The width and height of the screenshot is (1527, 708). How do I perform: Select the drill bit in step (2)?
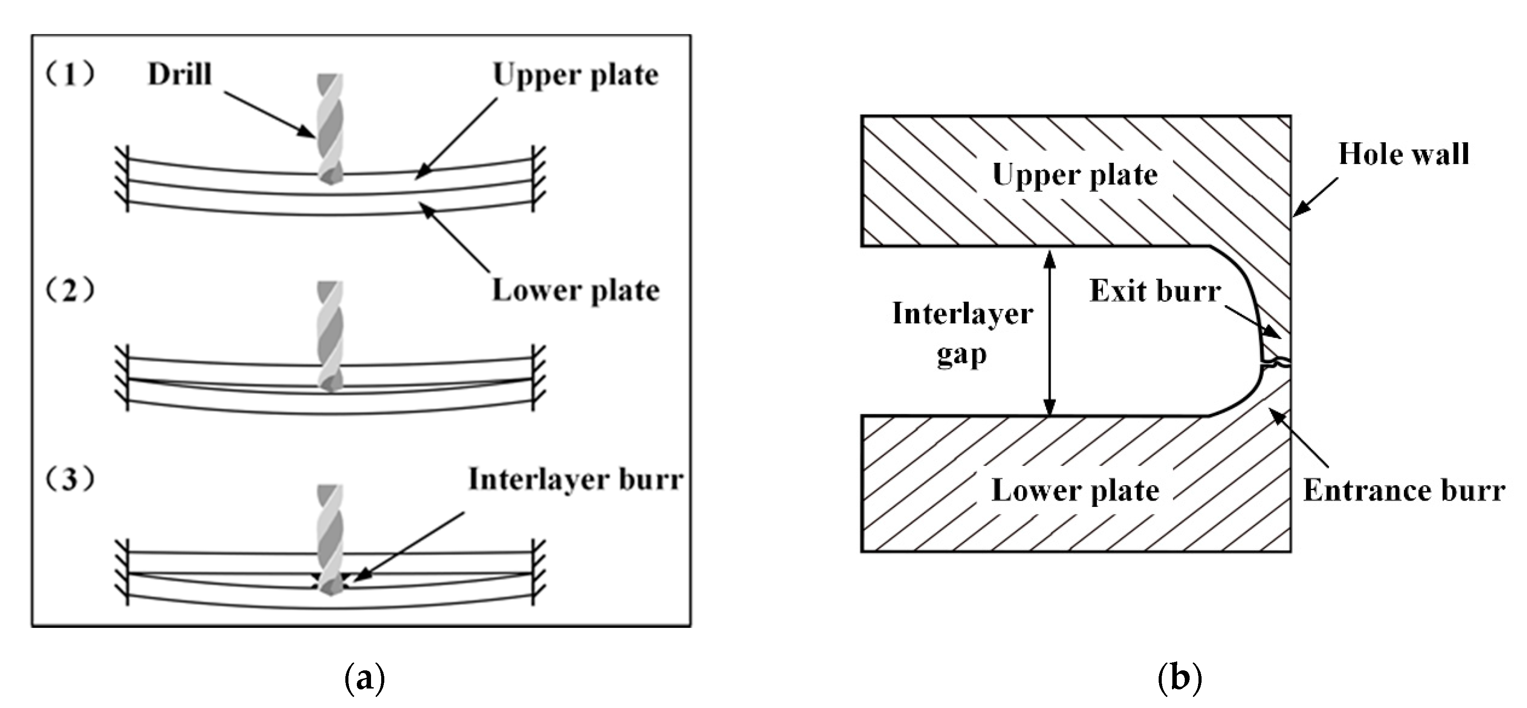[329, 335]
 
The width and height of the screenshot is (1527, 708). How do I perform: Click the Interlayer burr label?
[575, 479]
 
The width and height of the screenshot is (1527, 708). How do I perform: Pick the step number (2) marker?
[70, 291]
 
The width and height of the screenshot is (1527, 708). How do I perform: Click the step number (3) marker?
[70, 479]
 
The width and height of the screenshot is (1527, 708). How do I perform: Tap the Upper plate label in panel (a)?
[575, 75]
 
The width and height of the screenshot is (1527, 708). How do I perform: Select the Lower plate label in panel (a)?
[575, 291]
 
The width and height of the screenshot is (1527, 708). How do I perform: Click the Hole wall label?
[1403, 154]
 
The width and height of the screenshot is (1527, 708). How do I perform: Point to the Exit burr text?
[1155, 291]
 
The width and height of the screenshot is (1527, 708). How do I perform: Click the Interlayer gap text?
[962, 333]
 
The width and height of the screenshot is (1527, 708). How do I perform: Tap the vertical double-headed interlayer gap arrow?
[1049, 332]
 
